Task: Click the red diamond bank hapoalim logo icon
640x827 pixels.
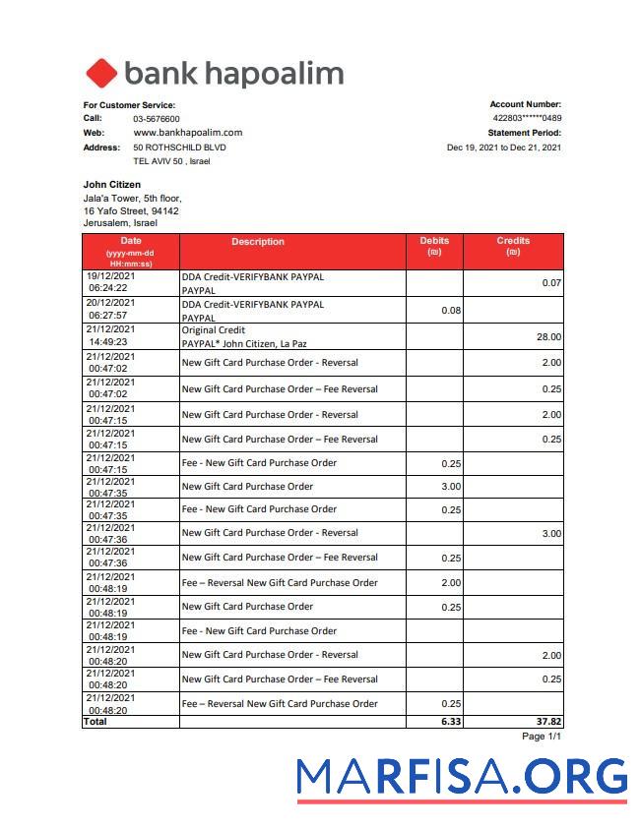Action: pyautogui.click(x=101, y=74)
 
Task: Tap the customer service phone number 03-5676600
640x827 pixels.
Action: pyautogui.click(x=157, y=119)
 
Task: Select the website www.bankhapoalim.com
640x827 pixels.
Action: pyautogui.click(x=187, y=133)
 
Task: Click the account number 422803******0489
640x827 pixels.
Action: pyautogui.click(x=527, y=119)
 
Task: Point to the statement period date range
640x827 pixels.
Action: pyautogui.click(x=503, y=148)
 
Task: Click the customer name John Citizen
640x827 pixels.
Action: pyautogui.click(x=111, y=185)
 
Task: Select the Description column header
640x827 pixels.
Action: pyautogui.click(x=258, y=242)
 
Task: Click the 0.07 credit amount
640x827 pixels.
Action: pyautogui.click(x=551, y=283)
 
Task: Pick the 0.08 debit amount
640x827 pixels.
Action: pyautogui.click(x=451, y=311)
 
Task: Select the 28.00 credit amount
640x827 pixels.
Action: pyautogui.click(x=548, y=337)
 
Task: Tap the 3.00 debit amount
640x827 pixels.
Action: pyautogui.click(x=451, y=487)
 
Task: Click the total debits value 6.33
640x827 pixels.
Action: pyautogui.click(x=450, y=722)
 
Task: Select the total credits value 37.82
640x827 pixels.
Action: pyautogui.click(x=547, y=722)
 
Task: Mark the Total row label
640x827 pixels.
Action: pyautogui.click(x=96, y=722)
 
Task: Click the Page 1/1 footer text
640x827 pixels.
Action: pyautogui.click(x=541, y=737)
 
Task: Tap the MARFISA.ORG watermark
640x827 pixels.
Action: pyautogui.click(x=462, y=777)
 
